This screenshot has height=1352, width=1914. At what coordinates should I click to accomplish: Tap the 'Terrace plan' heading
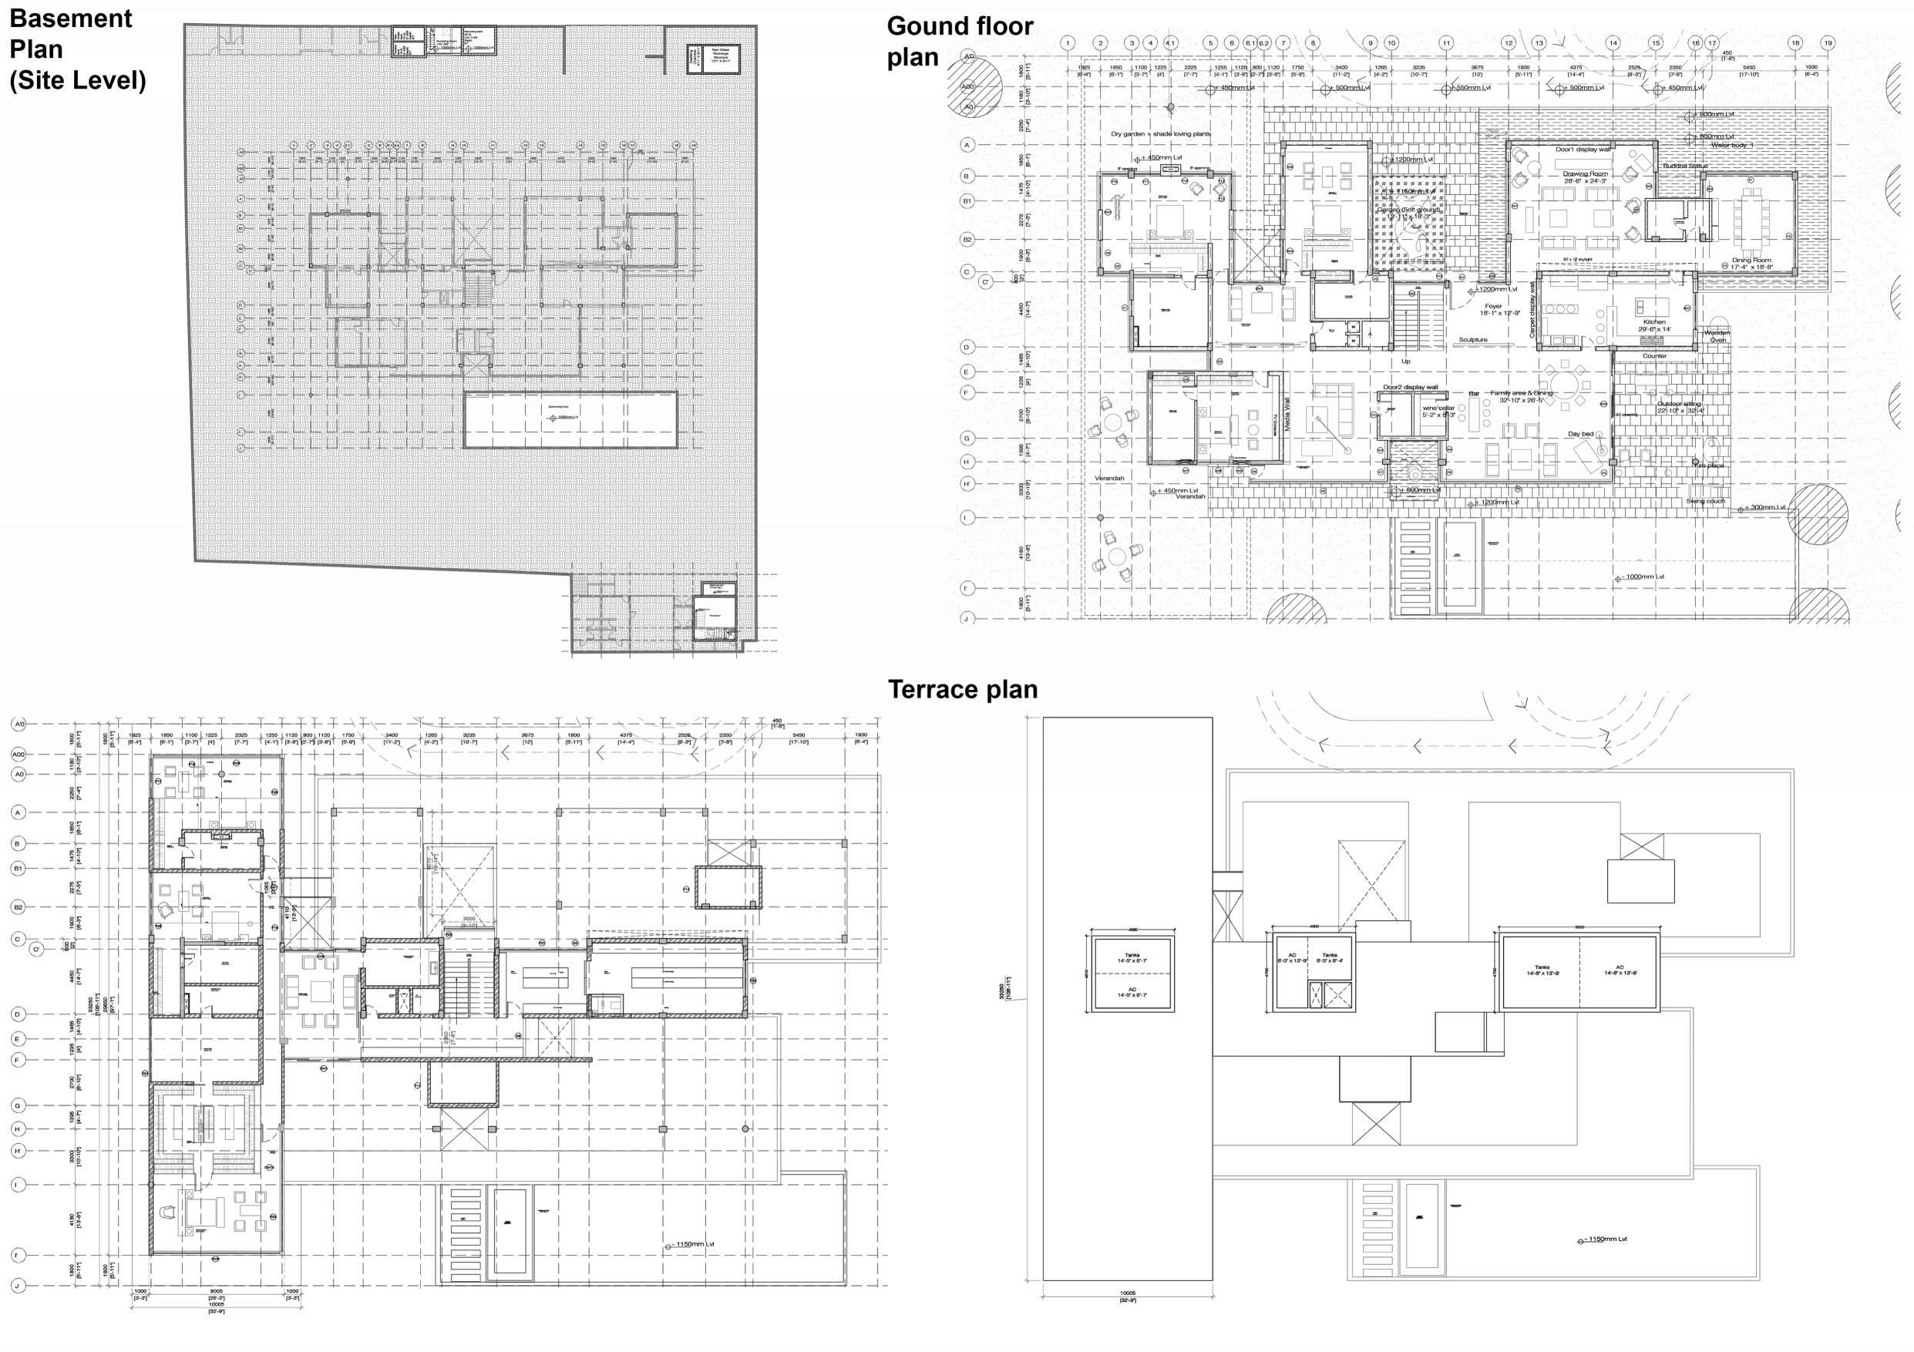point(962,689)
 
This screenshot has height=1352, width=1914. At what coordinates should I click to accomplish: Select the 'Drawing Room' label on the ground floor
point(1585,174)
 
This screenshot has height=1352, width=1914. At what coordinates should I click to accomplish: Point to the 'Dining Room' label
point(1751,260)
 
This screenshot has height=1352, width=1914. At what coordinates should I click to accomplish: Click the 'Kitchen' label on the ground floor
point(1654,321)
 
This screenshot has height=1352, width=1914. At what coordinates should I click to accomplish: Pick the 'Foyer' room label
point(1492,306)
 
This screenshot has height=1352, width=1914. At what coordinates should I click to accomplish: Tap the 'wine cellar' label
point(1438,409)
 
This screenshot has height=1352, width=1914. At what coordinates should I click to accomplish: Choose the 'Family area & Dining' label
point(1522,392)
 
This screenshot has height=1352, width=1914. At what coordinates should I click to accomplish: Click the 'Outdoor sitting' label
point(1679,403)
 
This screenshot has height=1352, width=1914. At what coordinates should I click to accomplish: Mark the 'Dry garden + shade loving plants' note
point(1160,133)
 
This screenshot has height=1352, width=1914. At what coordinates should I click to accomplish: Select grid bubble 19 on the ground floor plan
point(1828,43)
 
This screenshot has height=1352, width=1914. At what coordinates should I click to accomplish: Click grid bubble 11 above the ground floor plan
point(1445,43)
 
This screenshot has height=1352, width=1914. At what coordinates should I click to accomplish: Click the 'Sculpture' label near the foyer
point(1473,340)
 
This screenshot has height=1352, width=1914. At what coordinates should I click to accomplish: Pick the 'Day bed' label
point(1579,433)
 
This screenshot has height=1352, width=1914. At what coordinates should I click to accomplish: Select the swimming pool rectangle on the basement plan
point(570,420)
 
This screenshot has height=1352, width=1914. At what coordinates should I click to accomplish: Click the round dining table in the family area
point(1565,385)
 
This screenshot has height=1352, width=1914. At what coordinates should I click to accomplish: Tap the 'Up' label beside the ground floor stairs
point(1405,361)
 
